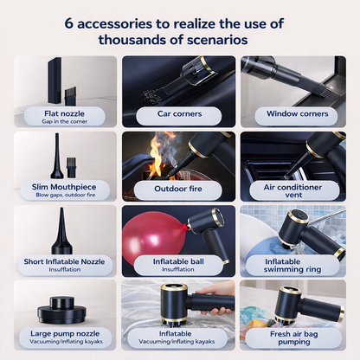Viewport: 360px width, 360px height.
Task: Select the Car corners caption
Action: (179, 113)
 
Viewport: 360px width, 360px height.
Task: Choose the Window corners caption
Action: (297, 113)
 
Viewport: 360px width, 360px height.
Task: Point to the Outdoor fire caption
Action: (179, 188)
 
